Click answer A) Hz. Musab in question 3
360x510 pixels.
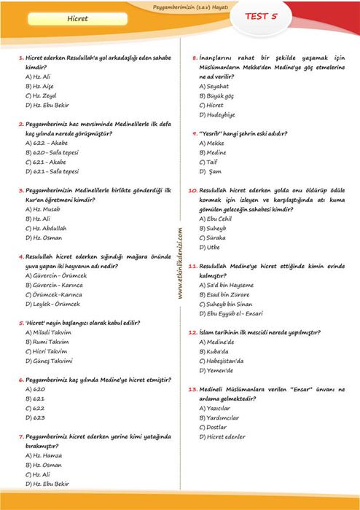point(43,209)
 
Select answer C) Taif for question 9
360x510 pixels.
point(211,162)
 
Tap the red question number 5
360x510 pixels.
point(21,322)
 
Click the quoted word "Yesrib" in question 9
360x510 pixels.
point(211,134)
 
